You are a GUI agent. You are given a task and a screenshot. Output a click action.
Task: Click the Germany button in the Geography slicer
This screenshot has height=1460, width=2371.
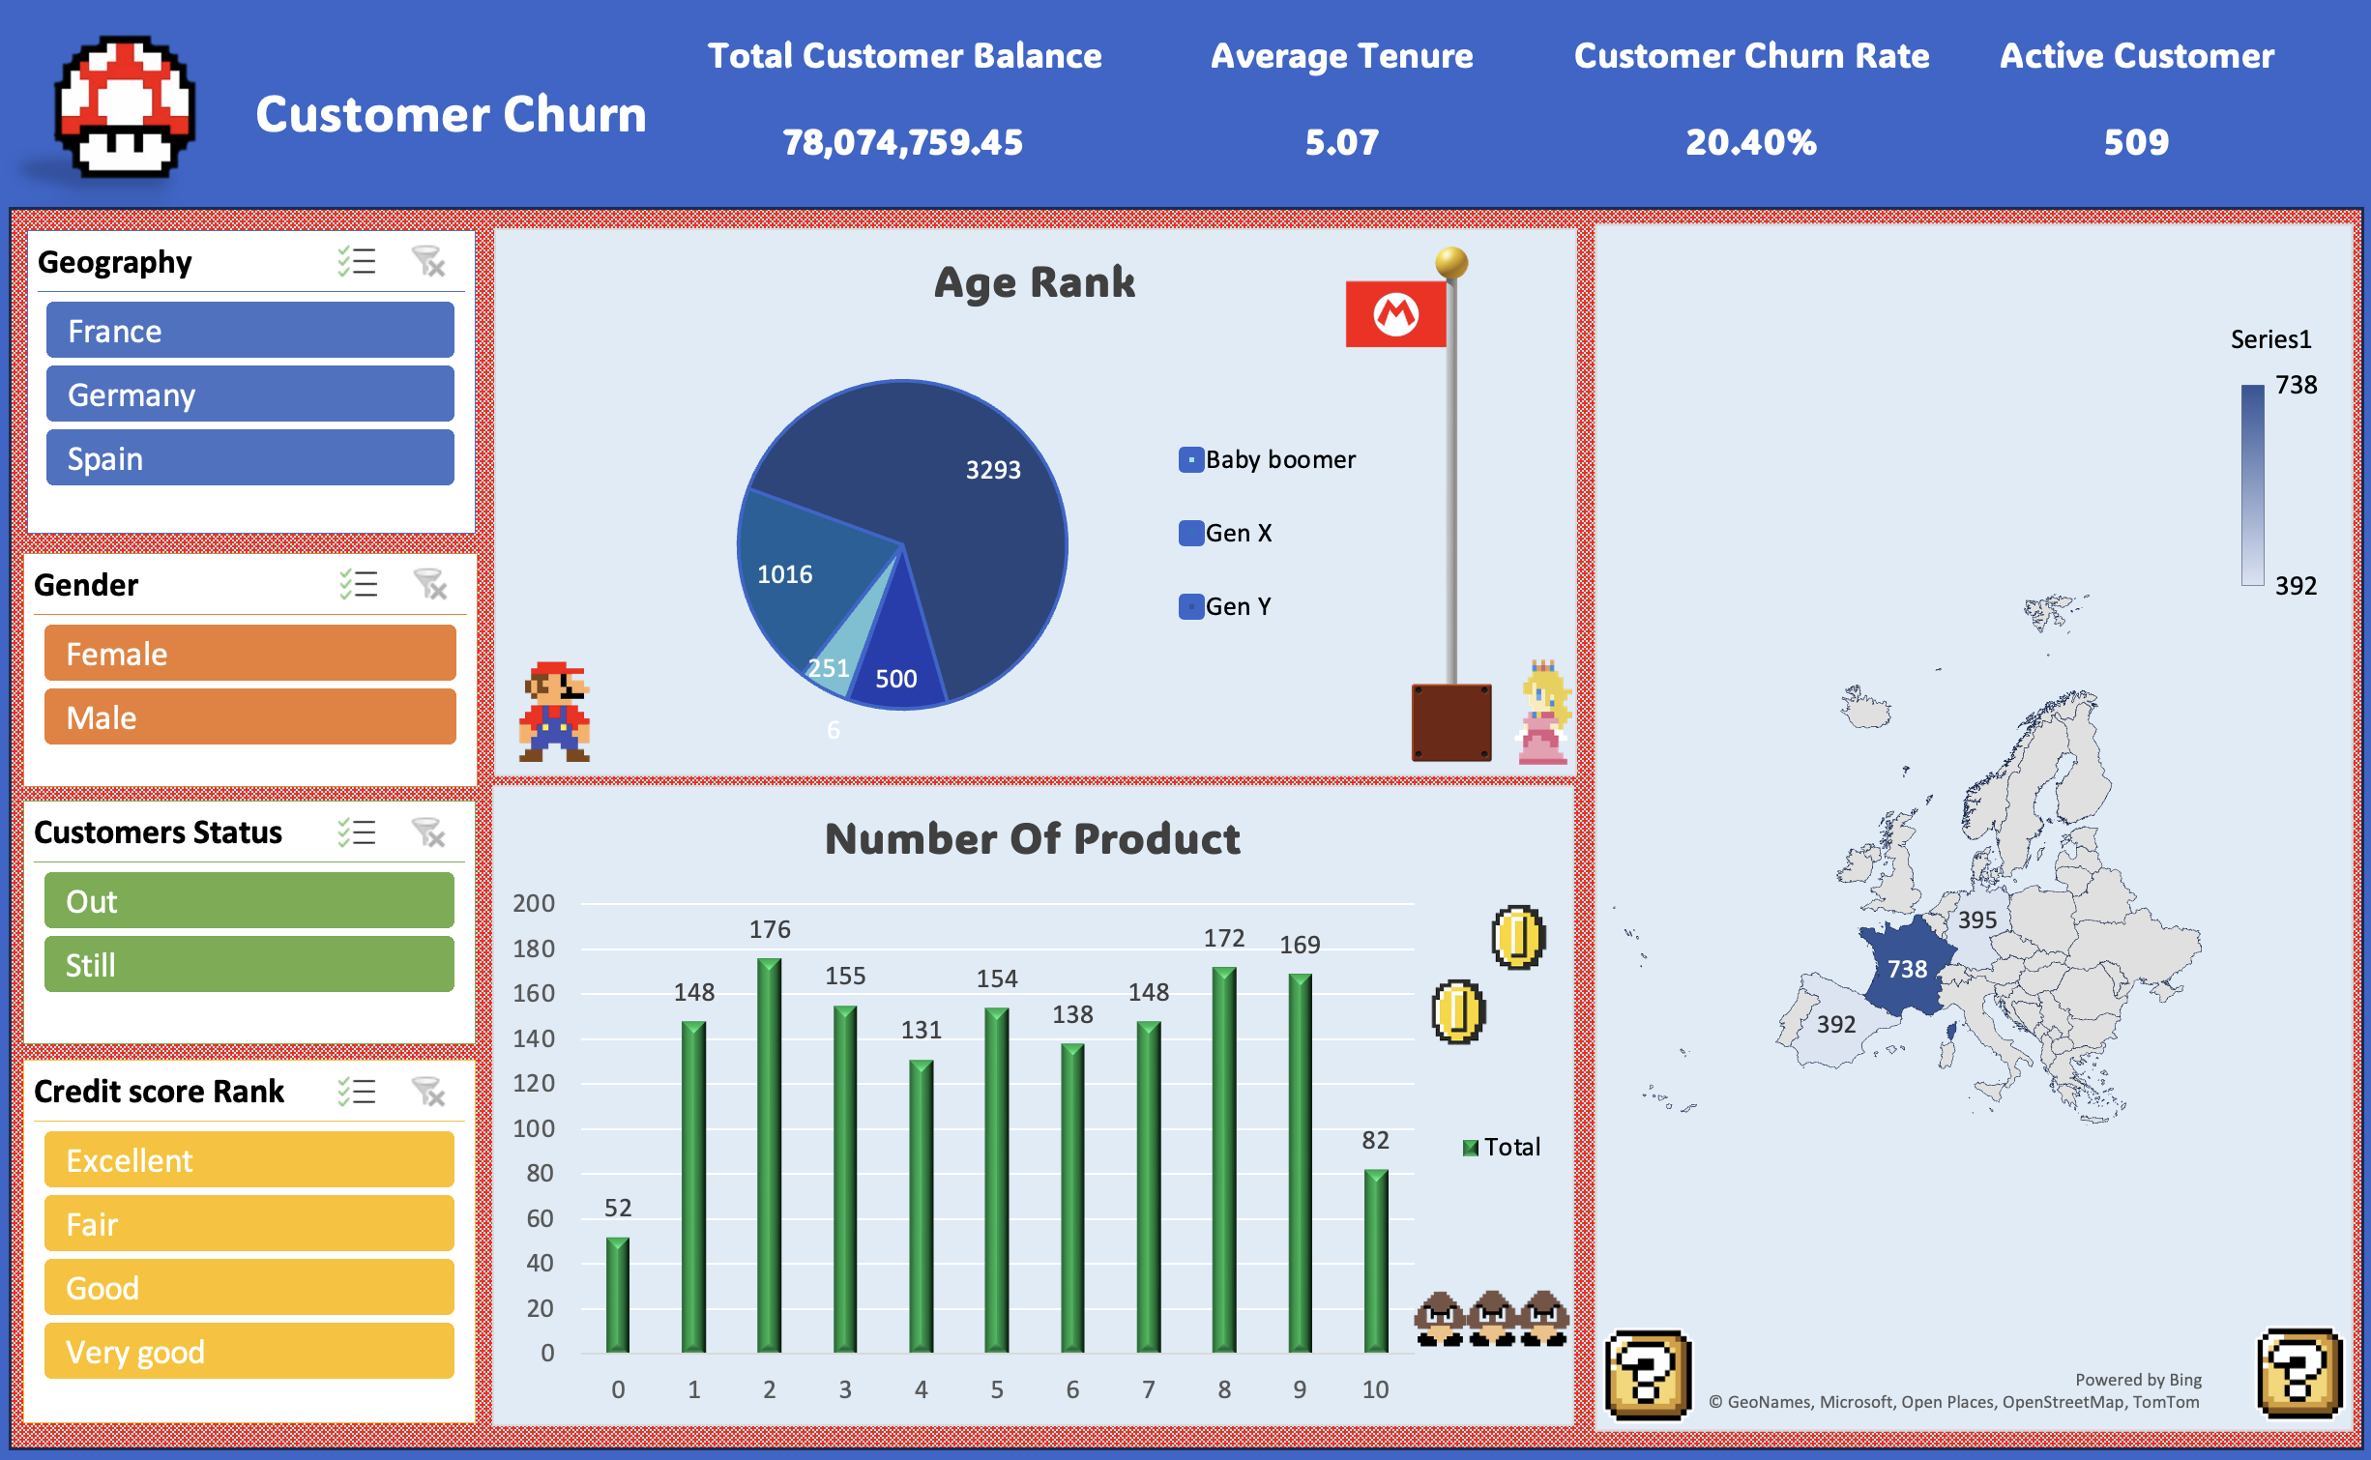(250, 394)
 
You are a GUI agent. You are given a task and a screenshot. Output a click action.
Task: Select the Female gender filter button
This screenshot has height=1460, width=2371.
(250, 654)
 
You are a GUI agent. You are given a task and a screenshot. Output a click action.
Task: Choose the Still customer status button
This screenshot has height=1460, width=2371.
(249, 964)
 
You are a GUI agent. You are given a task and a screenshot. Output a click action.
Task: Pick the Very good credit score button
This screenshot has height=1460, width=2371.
(249, 1351)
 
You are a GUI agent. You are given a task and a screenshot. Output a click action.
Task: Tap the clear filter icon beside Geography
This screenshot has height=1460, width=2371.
(427, 261)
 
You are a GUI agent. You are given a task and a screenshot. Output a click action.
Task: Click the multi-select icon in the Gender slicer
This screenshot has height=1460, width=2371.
(358, 584)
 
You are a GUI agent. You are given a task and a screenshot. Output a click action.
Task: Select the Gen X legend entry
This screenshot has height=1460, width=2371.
(1225, 533)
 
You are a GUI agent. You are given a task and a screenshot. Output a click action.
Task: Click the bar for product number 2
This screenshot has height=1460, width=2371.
(770, 1155)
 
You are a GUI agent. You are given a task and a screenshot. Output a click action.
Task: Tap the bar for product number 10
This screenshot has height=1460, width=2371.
(1376, 1261)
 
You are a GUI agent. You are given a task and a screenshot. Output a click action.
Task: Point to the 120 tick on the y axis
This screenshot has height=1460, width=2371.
(534, 1083)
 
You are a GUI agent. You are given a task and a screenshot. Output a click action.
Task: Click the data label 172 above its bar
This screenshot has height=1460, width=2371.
(1224, 938)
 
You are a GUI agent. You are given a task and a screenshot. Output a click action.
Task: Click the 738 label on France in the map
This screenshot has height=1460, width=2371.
(1907, 969)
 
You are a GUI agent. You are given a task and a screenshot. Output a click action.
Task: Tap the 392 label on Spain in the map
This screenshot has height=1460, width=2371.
(1836, 1024)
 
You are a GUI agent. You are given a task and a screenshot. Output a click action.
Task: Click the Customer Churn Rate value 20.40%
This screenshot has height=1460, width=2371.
(1751, 142)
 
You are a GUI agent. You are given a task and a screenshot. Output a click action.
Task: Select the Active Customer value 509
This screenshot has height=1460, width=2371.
(2136, 142)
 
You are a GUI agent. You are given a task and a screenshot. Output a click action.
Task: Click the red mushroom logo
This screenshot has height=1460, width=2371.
(125, 106)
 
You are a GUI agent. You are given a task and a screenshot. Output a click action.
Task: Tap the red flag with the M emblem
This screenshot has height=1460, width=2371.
(1395, 313)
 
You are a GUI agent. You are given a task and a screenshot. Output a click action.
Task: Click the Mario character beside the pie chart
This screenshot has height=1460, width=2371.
(555, 712)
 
